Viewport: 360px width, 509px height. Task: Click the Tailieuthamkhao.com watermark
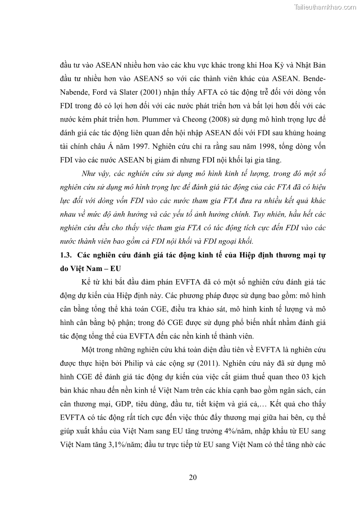click(x=325, y=7)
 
